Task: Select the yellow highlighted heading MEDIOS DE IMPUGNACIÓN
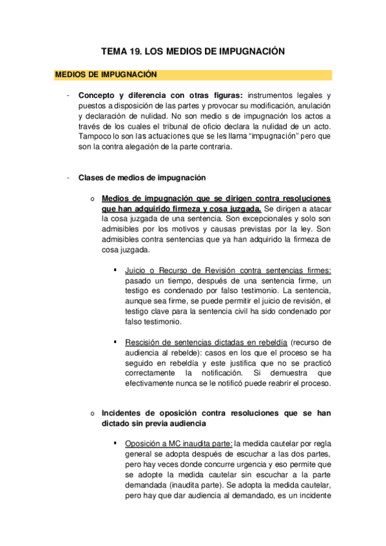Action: click(106, 75)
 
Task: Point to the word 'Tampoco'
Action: click(93, 137)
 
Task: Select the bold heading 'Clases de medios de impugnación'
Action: click(142, 177)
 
